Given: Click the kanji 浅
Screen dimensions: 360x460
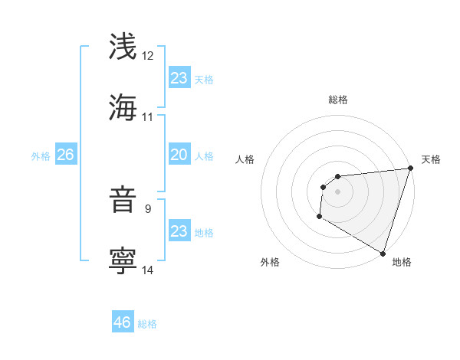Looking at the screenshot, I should point(123,46).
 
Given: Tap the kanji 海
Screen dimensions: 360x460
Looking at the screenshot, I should point(123,107).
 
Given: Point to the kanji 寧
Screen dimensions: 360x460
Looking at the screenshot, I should point(123,260).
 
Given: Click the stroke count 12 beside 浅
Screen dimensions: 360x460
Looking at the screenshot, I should point(148,56).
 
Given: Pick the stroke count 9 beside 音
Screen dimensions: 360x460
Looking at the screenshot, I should point(148,208).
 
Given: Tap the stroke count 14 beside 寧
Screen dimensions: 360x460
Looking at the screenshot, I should point(148,270).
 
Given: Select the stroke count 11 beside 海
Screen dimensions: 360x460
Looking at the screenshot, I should point(148,117).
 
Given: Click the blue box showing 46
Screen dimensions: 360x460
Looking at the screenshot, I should point(123,322).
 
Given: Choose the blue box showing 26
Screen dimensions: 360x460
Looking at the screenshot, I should point(65,155).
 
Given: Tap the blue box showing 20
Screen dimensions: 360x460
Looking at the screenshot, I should point(179,155).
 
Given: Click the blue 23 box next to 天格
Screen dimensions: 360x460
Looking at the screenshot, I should point(179,78).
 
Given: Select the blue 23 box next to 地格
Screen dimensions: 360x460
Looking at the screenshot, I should point(179,231).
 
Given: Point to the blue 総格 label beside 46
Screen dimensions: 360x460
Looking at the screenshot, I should point(147,324).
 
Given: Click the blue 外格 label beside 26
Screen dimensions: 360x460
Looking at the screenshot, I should point(41,156).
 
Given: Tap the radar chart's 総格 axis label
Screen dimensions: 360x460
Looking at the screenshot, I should point(338,100).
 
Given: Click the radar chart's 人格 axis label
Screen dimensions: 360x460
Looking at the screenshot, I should point(245,159).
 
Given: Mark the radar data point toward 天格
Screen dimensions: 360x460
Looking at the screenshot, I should point(411,169).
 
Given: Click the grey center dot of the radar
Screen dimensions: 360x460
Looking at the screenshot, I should point(337,191).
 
